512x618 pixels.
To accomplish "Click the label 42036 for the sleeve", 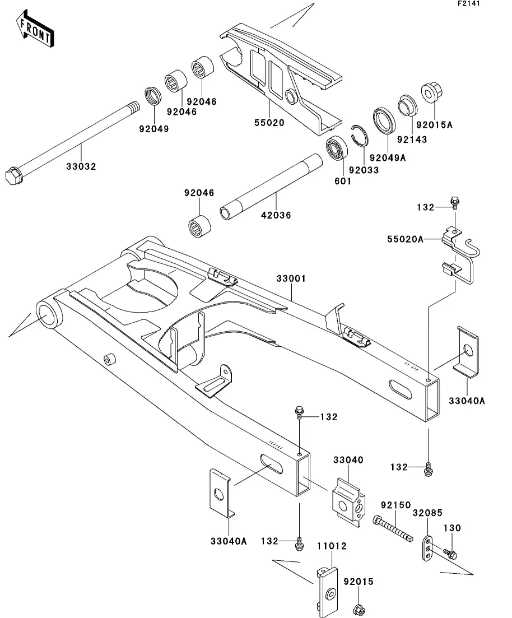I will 277,215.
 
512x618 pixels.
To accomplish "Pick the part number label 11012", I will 331,546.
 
